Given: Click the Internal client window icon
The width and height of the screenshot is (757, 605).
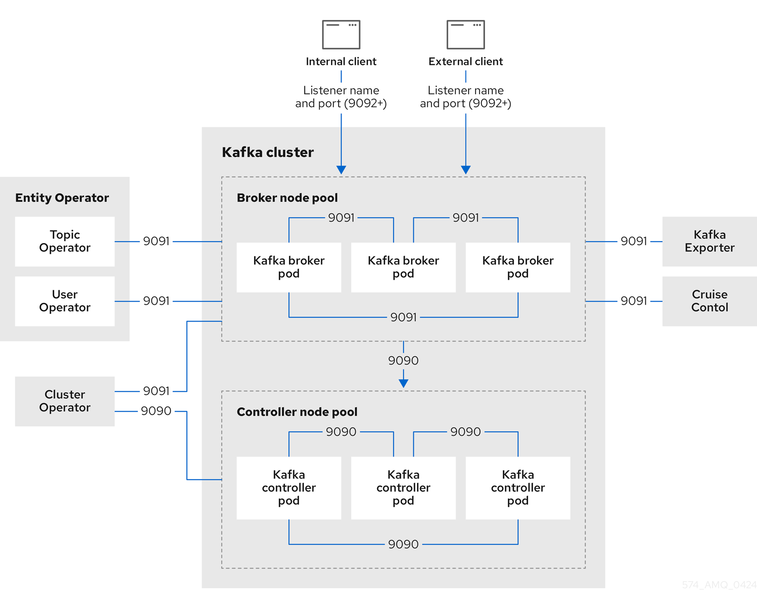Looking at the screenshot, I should (341, 34).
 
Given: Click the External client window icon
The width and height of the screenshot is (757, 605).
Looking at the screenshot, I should (466, 34).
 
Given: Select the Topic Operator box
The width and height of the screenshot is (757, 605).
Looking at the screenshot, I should (65, 242).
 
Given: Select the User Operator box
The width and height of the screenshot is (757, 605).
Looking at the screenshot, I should (65, 301).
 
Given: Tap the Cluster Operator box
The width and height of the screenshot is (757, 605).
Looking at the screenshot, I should (65, 401).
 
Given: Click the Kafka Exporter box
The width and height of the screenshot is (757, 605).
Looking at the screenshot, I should (709, 242).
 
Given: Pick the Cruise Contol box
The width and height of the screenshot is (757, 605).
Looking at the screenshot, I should (709, 301).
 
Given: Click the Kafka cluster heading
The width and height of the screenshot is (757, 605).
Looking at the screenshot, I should (267, 152).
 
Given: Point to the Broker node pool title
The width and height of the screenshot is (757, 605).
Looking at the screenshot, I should (287, 198).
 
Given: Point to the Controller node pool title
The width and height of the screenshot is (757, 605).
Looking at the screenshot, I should (297, 412).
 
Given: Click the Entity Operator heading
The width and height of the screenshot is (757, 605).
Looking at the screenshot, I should (62, 198).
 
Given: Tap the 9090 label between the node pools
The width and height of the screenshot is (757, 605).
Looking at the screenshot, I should (403, 361).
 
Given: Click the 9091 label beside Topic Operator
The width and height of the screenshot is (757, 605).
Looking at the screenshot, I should (156, 242).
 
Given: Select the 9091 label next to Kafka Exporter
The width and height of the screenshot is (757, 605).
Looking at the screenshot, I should (633, 242).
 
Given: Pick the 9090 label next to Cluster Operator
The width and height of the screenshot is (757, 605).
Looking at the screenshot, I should (156, 411).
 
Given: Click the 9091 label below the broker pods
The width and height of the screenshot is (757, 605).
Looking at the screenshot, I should (403, 317).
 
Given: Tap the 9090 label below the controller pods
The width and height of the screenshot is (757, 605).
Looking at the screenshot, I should (403, 544).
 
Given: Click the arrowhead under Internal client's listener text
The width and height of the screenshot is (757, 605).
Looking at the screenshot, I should (341, 170).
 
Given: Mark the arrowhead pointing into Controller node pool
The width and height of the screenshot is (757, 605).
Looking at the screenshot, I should (403, 383).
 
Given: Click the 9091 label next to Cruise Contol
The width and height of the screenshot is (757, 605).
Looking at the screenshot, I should (633, 301).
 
